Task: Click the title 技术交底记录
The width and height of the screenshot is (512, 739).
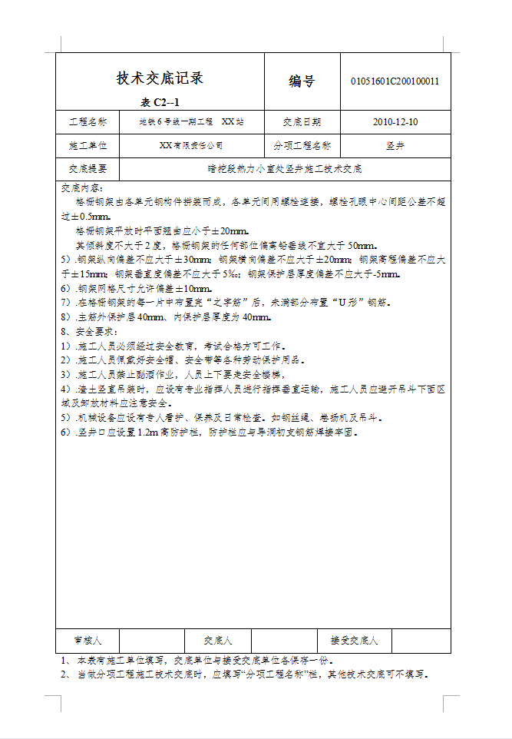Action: click(x=160, y=78)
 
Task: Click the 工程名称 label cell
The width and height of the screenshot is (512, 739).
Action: click(x=88, y=121)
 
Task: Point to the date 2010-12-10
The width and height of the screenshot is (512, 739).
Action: click(x=395, y=121)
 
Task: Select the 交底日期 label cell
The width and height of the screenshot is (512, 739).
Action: click(x=302, y=121)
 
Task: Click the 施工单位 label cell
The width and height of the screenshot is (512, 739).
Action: click(x=88, y=144)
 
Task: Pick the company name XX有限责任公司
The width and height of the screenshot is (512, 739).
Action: click(x=191, y=144)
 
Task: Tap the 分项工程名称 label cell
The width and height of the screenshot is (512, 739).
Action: click(x=302, y=144)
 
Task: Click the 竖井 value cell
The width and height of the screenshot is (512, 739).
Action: click(x=395, y=144)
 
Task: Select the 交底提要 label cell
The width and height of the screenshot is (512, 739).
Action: click(x=88, y=168)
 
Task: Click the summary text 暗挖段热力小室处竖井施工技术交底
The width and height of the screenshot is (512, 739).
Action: click(x=285, y=168)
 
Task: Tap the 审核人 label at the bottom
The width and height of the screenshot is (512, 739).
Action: click(x=87, y=640)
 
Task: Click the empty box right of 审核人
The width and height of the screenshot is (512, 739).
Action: click(x=152, y=640)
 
